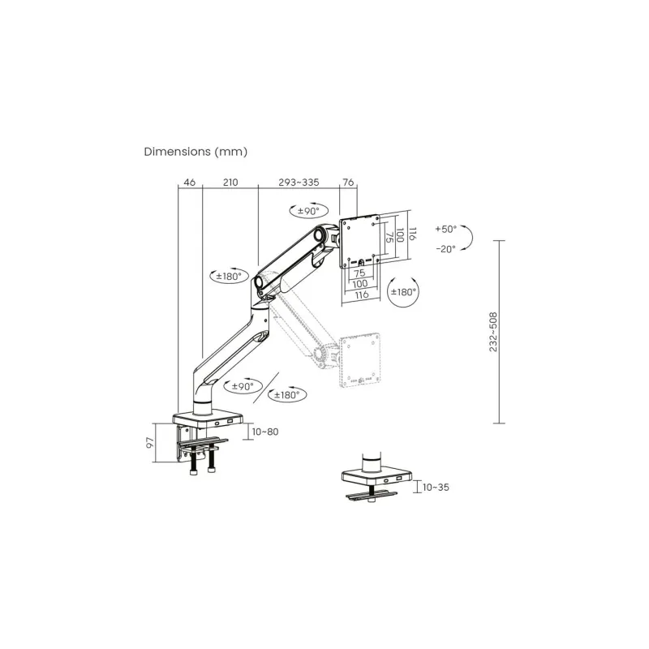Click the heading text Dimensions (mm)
coord(196,152)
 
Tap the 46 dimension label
coord(190,182)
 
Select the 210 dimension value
coord(230,182)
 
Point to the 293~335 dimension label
coord(299,182)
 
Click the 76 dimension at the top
coord(349,182)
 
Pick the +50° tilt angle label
coord(445,229)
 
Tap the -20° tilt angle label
coord(445,249)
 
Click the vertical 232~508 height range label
coord(493,332)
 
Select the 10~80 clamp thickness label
coord(265,432)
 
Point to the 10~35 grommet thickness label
coord(436,488)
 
